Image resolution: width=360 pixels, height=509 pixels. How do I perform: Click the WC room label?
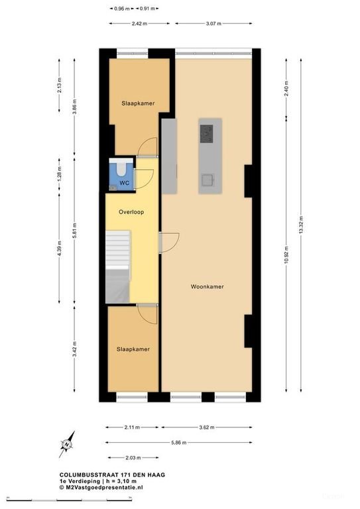pyautogui.click(x=124, y=183)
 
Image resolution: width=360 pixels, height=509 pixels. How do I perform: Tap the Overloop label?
pyautogui.click(x=131, y=212)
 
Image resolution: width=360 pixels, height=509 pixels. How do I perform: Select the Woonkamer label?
pyautogui.click(x=207, y=286)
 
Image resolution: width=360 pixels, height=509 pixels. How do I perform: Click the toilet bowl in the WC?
pyautogui.click(x=121, y=168)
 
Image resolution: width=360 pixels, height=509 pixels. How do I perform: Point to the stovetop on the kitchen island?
pyautogui.click(x=206, y=134)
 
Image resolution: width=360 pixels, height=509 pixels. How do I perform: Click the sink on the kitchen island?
pyautogui.click(x=208, y=180)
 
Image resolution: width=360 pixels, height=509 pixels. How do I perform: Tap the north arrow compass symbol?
pyautogui.click(x=67, y=444)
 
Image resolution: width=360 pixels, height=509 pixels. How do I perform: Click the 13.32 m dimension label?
pyautogui.click(x=301, y=225)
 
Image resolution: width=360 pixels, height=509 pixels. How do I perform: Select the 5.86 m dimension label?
pyautogui.click(x=179, y=443)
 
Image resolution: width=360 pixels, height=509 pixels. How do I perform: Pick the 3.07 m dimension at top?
pyautogui.click(x=213, y=23)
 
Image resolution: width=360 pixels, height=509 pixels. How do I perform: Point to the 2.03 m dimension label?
pyautogui.click(x=133, y=458)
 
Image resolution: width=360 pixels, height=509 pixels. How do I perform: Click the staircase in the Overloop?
pyautogui.click(x=118, y=267)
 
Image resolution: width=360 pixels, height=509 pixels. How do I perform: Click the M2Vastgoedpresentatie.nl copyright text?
pyautogui.click(x=101, y=487)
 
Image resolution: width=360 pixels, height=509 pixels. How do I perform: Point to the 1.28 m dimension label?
pyautogui.click(x=60, y=175)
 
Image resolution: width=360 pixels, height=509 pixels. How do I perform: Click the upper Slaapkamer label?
pyautogui.click(x=138, y=103)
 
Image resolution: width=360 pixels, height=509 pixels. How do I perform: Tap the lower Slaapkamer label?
pyautogui.click(x=133, y=349)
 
